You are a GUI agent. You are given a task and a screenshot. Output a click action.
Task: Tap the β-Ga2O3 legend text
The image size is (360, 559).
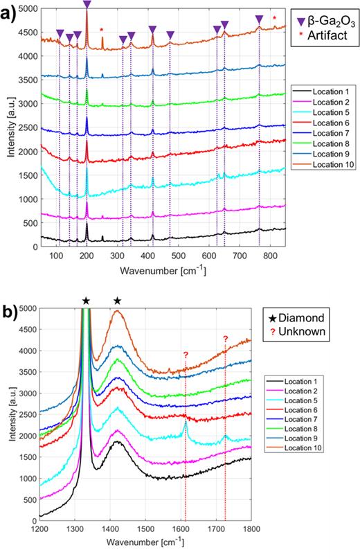tap(330, 23)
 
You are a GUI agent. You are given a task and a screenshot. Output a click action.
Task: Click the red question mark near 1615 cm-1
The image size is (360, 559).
tap(186, 356)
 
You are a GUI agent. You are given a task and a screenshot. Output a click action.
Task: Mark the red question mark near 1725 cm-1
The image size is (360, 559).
tap(225, 339)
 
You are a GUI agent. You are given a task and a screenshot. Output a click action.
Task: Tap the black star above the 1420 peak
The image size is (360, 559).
tap(118, 301)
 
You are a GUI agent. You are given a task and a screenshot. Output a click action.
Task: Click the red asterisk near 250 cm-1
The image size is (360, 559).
tap(102, 30)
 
